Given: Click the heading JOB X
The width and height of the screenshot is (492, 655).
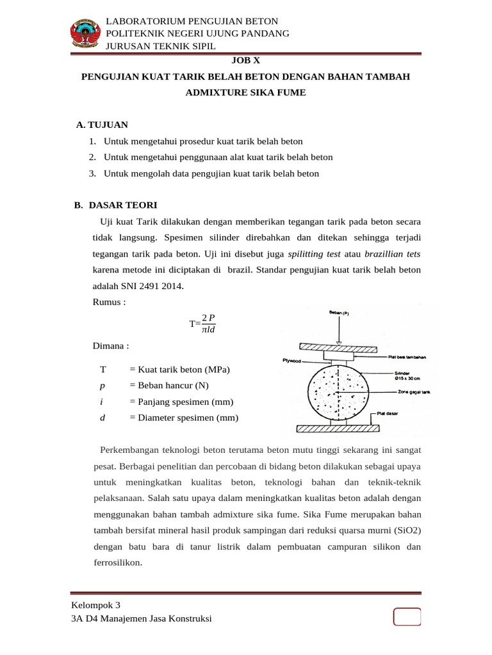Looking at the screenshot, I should [x=245, y=61].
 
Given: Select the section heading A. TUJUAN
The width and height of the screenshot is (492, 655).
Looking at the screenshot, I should [x=102, y=124].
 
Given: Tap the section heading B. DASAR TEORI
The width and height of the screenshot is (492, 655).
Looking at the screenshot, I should [x=115, y=205].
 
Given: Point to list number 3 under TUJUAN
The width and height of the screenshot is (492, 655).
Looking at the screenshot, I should [x=92, y=173].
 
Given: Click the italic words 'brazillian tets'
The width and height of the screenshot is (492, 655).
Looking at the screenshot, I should [x=393, y=254].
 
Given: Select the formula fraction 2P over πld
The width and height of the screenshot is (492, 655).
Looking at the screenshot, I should [x=209, y=324].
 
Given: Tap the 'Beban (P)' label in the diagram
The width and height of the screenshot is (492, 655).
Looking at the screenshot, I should [x=338, y=313].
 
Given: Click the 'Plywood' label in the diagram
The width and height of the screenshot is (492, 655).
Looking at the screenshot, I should [x=291, y=361].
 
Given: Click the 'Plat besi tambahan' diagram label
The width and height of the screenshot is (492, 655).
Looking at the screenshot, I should [x=407, y=357].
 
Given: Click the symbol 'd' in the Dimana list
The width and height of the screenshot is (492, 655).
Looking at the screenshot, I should [x=102, y=418].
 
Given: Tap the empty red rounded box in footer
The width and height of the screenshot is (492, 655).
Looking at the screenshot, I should [x=407, y=617].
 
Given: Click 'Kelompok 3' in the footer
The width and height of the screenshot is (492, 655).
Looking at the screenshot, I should [x=95, y=604].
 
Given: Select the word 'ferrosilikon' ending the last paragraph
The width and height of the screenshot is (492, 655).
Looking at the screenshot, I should [x=117, y=563].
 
